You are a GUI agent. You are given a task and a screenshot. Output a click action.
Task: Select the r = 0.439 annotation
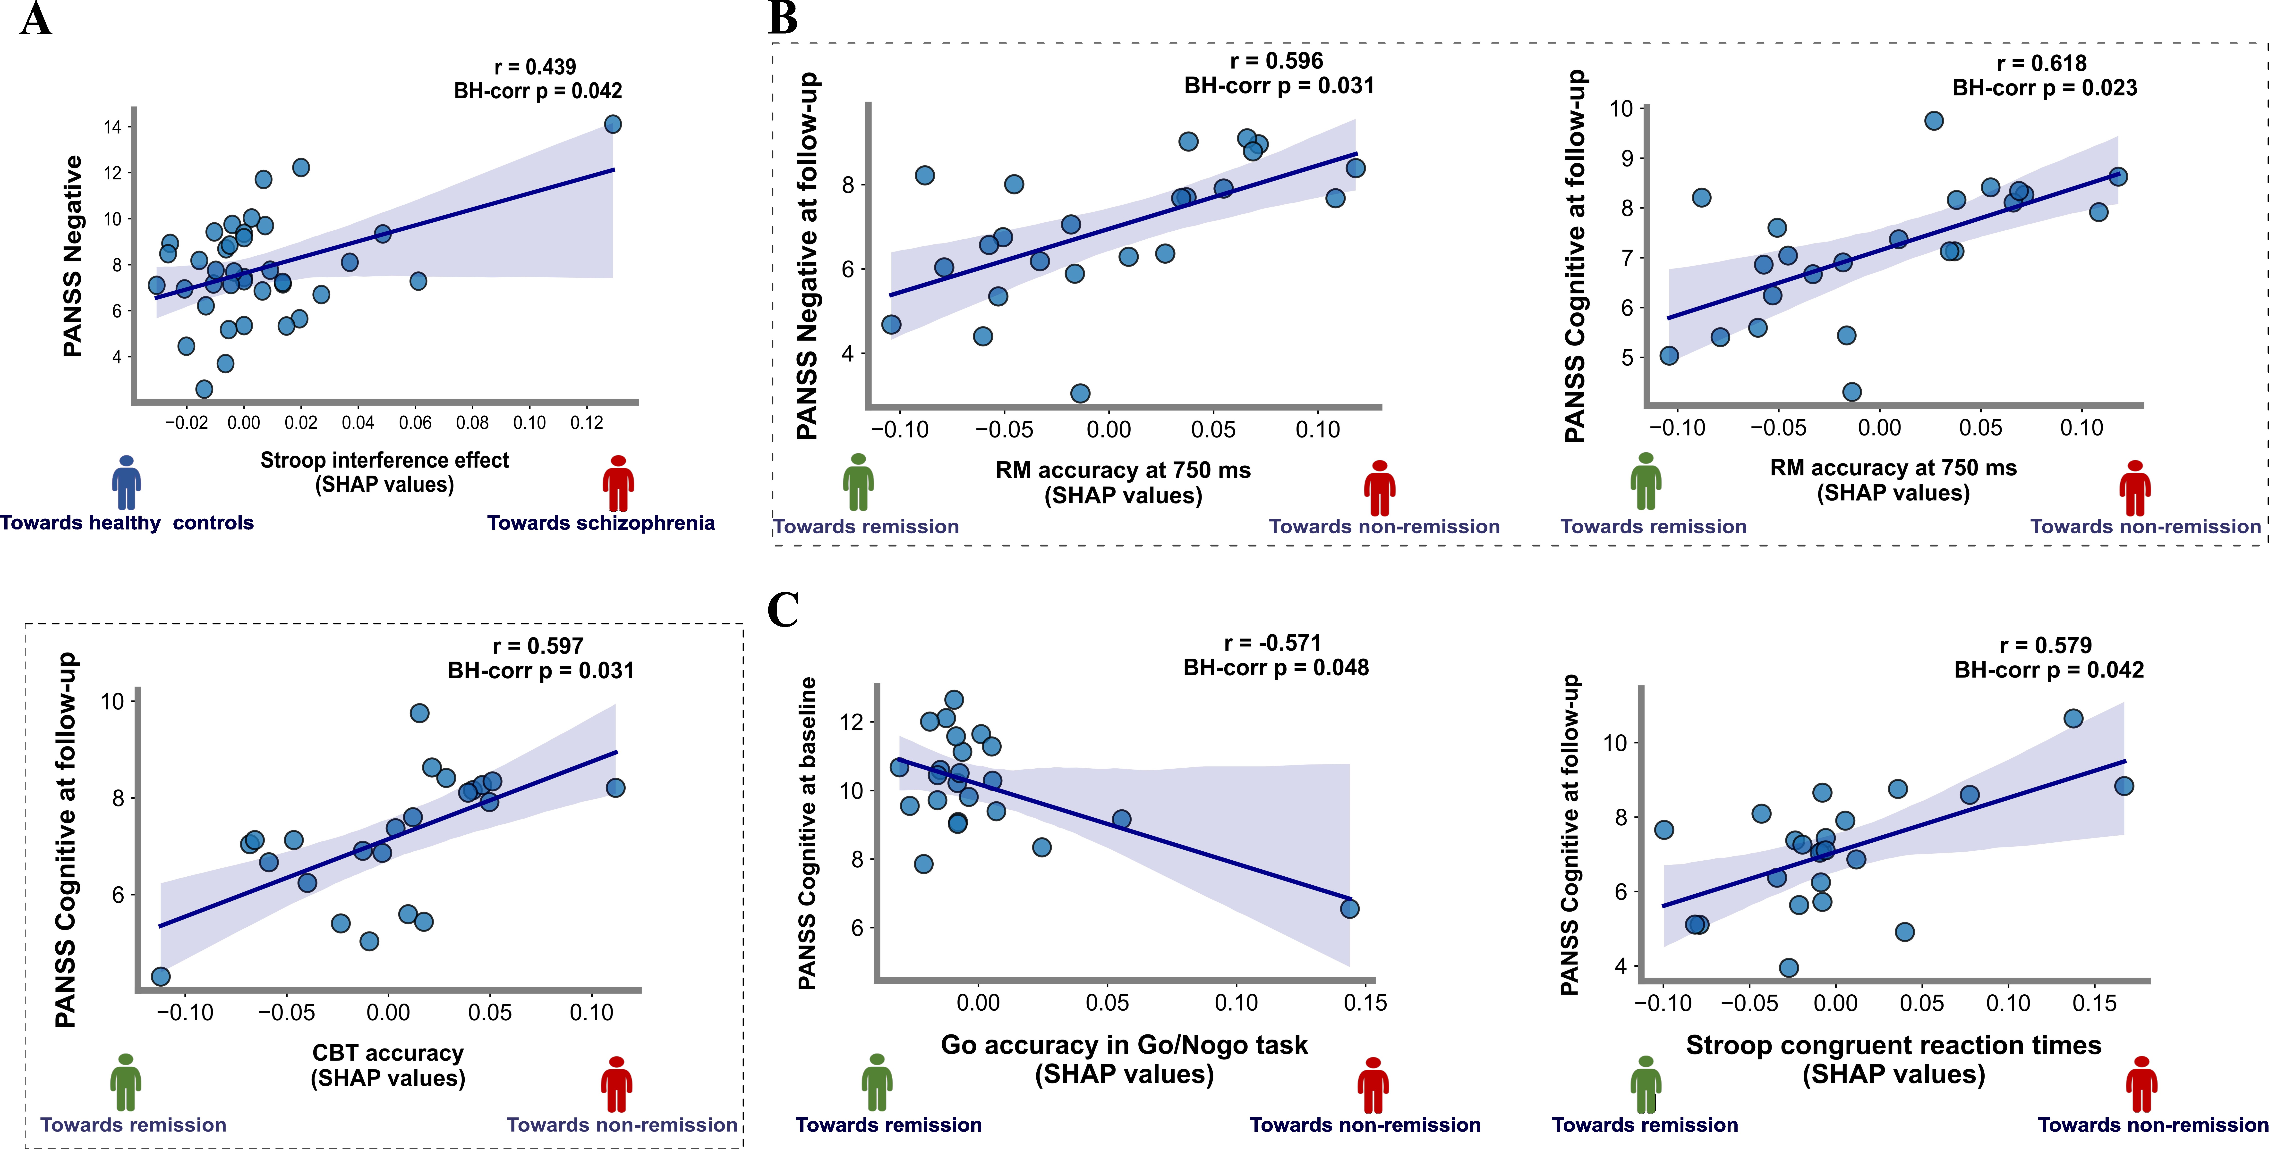click(536, 67)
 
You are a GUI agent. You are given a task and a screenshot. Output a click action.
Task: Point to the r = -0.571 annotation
click(1273, 643)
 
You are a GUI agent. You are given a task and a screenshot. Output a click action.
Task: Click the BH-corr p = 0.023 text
click(2045, 88)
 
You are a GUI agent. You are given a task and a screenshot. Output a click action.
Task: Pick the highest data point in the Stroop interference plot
click(613, 124)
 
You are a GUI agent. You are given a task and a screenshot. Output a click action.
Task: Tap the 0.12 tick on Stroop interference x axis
click(587, 423)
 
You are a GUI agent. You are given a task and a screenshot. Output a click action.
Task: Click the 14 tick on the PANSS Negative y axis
click(112, 127)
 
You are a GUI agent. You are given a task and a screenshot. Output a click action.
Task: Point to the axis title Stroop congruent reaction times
click(1894, 1045)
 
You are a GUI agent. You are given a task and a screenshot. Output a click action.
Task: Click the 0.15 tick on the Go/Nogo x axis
click(1365, 1003)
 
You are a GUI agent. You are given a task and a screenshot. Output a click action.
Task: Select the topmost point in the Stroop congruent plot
click(2073, 718)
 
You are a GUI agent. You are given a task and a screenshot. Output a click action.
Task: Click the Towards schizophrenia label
click(601, 523)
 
